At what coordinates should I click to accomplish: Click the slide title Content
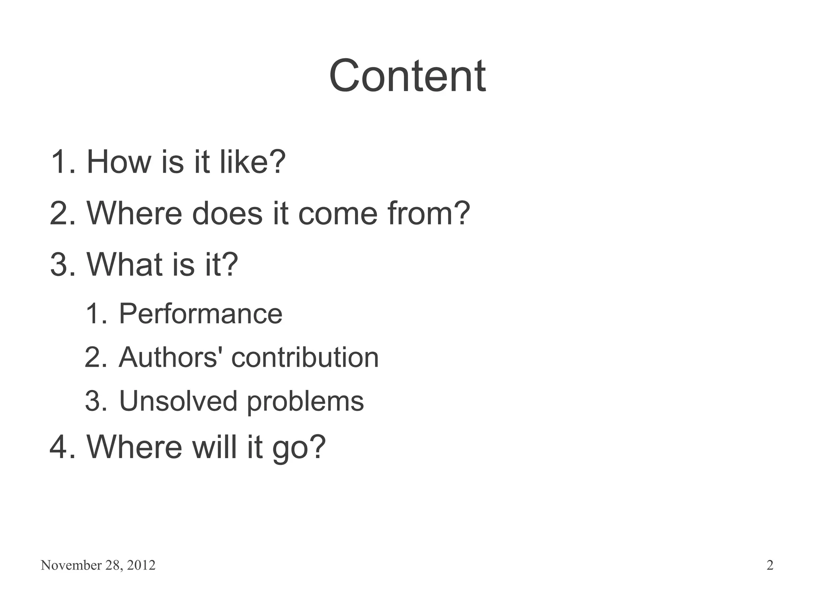click(x=407, y=76)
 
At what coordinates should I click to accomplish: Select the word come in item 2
click(x=337, y=213)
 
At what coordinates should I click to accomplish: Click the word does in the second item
click(x=227, y=213)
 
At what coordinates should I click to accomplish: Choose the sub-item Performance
click(x=201, y=314)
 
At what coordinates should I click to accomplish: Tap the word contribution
click(x=305, y=357)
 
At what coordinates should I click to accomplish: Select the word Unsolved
click(x=178, y=401)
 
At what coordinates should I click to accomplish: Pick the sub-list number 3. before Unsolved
click(x=96, y=401)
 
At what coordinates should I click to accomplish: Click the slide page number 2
click(x=770, y=565)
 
